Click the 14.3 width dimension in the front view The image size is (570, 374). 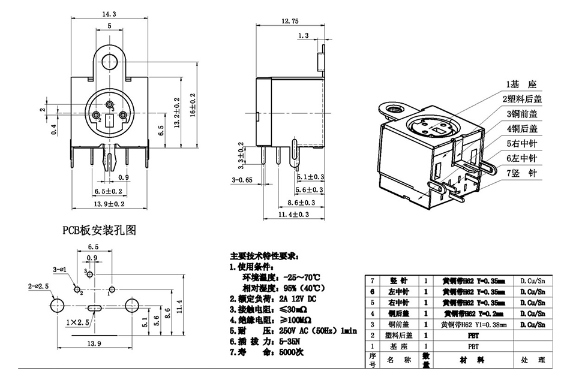109,13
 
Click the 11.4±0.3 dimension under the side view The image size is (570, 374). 295,214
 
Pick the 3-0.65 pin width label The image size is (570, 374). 241,179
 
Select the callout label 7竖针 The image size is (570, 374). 520,173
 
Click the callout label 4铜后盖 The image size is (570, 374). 521,128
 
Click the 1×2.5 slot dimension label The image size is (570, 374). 78,322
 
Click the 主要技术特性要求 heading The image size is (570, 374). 263,256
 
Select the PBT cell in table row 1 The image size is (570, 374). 473,346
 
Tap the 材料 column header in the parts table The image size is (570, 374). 473,360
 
